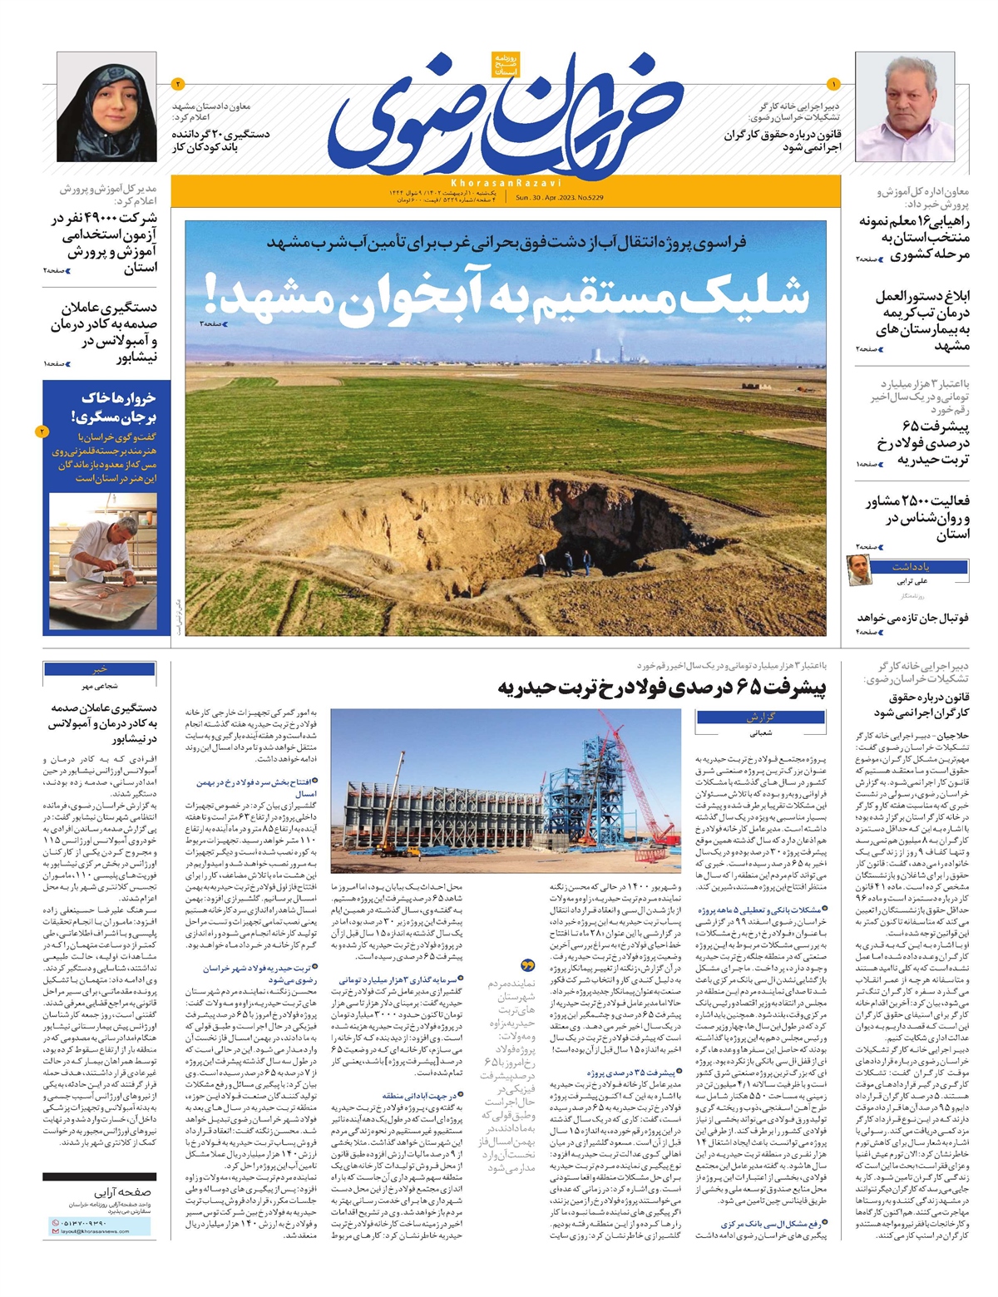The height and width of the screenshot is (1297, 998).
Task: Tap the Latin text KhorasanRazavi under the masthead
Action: tap(506, 182)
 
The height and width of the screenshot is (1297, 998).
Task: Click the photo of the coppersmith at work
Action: tap(102, 561)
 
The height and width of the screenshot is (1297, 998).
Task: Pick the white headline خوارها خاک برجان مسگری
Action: tap(114, 407)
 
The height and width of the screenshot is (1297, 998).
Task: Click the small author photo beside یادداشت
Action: tap(858, 570)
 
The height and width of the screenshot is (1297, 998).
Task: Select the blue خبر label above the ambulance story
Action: tap(100, 669)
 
